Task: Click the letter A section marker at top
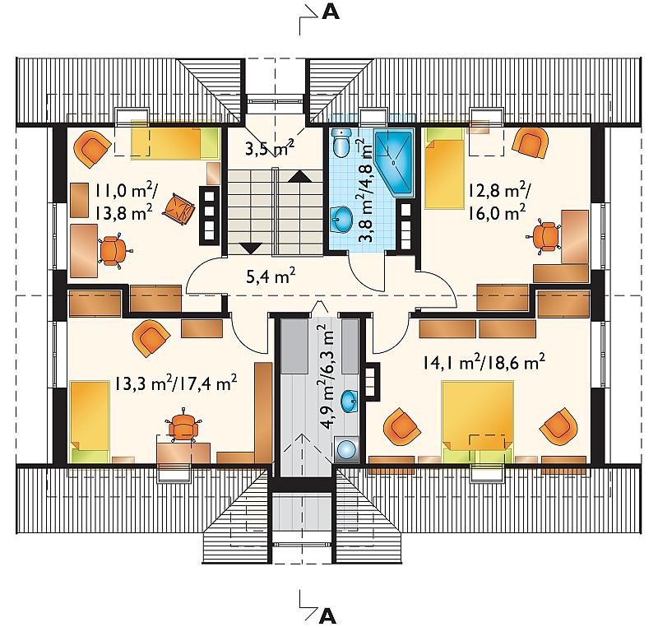click(x=331, y=12)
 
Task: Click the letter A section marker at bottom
click(x=327, y=615)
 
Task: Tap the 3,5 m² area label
click(x=270, y=149)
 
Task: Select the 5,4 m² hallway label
click(x=271, y=276)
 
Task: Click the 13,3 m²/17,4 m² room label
click(x=176, y=383)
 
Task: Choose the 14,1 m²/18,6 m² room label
click(x=484, y=362)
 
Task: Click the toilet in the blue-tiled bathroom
click(x=341, y=142)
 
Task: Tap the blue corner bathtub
click(x=394, y=163)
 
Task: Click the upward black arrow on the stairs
click(x=300, y=176)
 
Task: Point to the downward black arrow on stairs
click(x=251, y=248)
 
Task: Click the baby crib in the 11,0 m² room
click(x=179, y=208)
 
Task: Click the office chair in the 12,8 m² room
click(x=544, y=236)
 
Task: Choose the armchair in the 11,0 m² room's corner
click(x=92, y=148)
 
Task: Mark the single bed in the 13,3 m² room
click(x=90, y=421)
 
